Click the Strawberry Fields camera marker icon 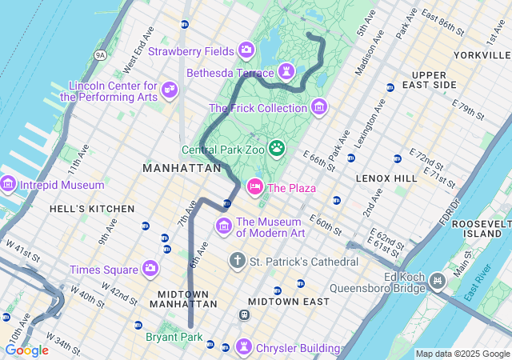pyautogui.click(x=246, y=50)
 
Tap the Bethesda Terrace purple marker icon pyautogui.click(x=286, y=72)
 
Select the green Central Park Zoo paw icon pyautogui.click(x=277, y=147)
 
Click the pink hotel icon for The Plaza pyautogui.click(x=255, y=186)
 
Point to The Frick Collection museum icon pyautogui.click(x=319, y=106)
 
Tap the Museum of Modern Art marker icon pyautogui.click(x=224, y=227)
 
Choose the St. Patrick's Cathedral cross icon pyautogui.click(x=237, y=260)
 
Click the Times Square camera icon pyautogui.click(x=150, y=269)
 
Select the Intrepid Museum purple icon pyautogui.click(x=8, y=185)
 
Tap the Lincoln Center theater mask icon pyautogui.click(x=169, y=89)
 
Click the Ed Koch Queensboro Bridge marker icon pyautogui.click(x=438, y=280)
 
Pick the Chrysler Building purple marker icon pyautogui.click(x=243, y=347)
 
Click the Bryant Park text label pyautogui.click(x=174, y=338)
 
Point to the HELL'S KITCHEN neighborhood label pyautogui.click(x=92, y=209)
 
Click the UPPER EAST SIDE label pyautogui.click(x=429, y=79)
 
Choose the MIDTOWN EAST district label pyautogui.click(x=288, y=302)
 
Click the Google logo pyautogui.click(x=26, y=350)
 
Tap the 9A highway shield pyautogui.click(x=100, y=54)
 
